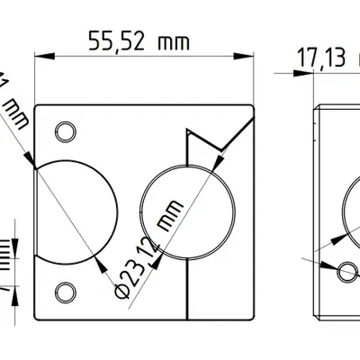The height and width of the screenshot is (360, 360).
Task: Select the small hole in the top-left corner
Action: pyautogui.click(x=65, y=131)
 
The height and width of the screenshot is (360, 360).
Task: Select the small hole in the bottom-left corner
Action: pyautogui.click(x=65, y=290)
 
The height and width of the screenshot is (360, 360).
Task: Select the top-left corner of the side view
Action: pyautogui.click(x=314, y=107)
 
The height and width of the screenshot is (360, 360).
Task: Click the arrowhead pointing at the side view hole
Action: pyautogui.click(x=334, y=265)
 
